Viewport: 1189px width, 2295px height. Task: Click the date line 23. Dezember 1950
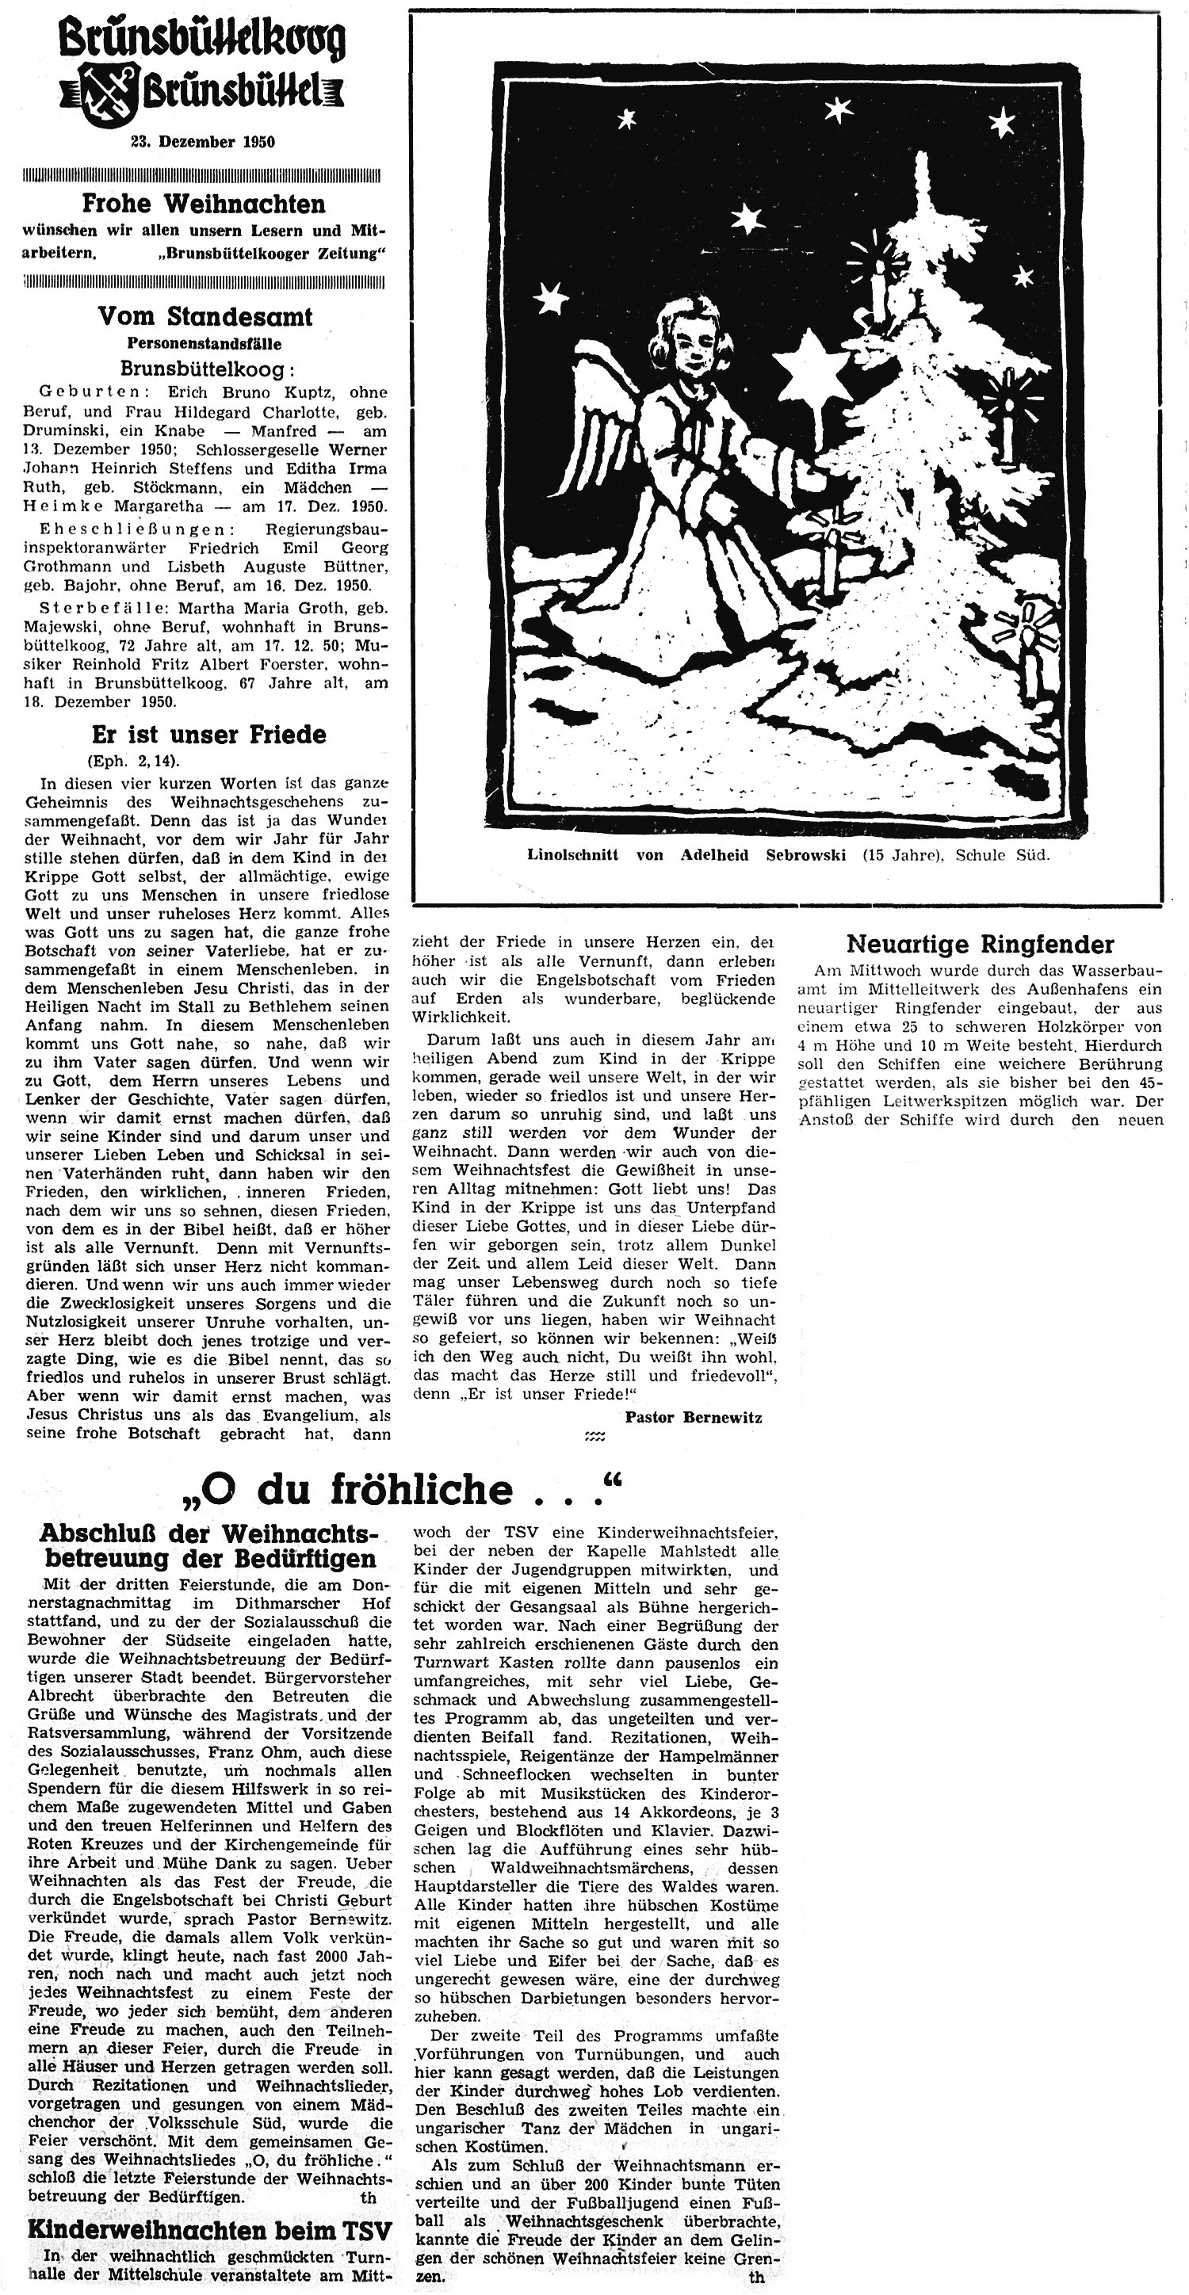[x=203, y=142]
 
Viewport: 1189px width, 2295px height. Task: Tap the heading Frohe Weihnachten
[x=203, y=204]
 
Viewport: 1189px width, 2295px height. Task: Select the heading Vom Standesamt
[x=205, y=316]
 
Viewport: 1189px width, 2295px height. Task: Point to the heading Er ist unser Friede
[x=208, y=734]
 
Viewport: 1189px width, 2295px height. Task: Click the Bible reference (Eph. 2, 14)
[x=133, y=761]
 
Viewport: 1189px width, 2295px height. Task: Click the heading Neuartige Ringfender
[x=980, y=944]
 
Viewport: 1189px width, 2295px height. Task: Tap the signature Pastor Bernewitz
[x=694, y=1417]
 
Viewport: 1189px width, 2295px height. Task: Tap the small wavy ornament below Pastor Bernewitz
[x=594, y=1436]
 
